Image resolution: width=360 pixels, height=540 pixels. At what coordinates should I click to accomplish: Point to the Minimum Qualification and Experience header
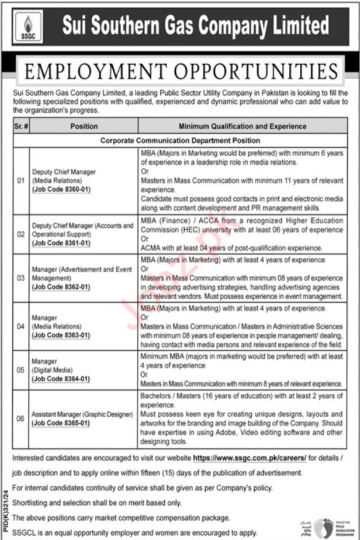pyautogui.click(x=243, y=126)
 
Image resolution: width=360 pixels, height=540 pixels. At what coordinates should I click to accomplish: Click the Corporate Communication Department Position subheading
pyautogui.click(x=180, y=140)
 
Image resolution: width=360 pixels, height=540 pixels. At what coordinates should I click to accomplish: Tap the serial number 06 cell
pyautogui.click(x=20, y=418)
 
